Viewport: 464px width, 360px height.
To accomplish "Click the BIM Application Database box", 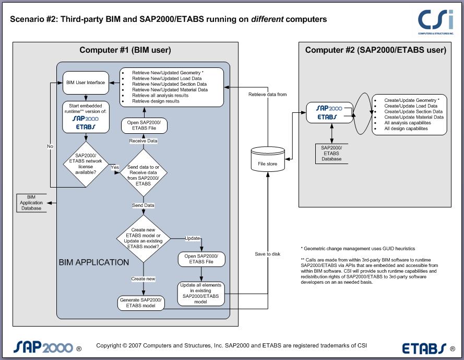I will [31, 203].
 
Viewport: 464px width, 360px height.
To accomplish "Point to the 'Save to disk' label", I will [267, 254].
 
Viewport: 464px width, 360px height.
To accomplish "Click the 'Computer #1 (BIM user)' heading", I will [125, 50].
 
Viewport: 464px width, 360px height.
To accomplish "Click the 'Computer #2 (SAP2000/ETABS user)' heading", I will [375, 50].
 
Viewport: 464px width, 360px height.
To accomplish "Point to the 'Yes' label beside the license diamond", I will [115, 167].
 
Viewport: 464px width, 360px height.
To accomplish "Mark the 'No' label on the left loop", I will [50, 146].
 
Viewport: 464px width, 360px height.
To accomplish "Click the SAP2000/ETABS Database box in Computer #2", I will [331, 152].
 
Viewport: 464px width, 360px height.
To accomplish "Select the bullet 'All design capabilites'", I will [406, 129].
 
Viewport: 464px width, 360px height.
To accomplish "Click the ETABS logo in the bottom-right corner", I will [424, 347].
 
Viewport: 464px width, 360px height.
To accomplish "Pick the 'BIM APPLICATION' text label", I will [94, 262].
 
